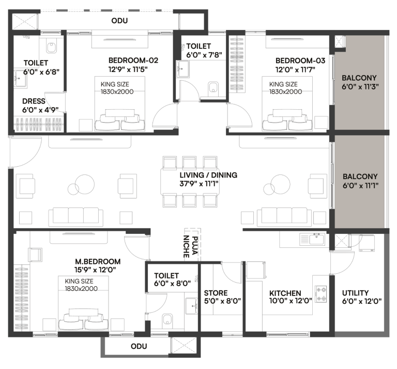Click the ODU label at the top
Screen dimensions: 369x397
(x=119, y=21)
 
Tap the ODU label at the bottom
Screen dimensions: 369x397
(x=139, y=346)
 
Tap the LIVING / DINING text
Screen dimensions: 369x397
(x=208, y=175)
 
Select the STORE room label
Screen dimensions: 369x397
(x=216, y=293)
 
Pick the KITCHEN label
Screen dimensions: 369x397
(x=285, y=293)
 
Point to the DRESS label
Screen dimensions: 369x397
(x=34, y=101)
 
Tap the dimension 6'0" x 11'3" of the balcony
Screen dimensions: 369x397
(x=360, y=87)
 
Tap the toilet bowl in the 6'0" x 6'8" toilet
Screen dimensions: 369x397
(x=51, y=48)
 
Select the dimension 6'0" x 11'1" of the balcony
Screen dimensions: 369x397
(x=360, y=185)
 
